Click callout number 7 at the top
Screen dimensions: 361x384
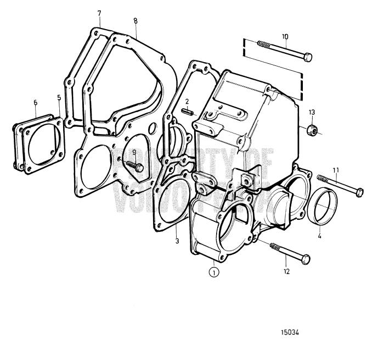tap(99, 12)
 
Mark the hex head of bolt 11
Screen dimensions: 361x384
tap(360, 192)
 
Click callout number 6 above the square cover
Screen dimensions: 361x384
tap(36, 102)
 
